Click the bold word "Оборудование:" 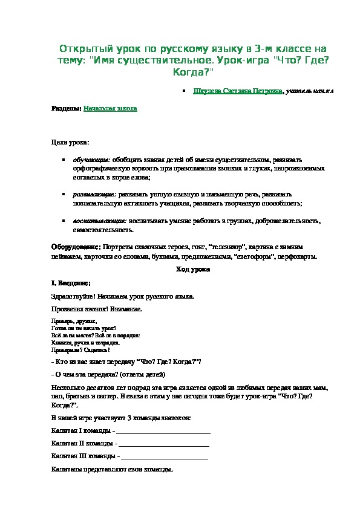point(76,247)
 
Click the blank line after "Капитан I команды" point(163,430)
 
